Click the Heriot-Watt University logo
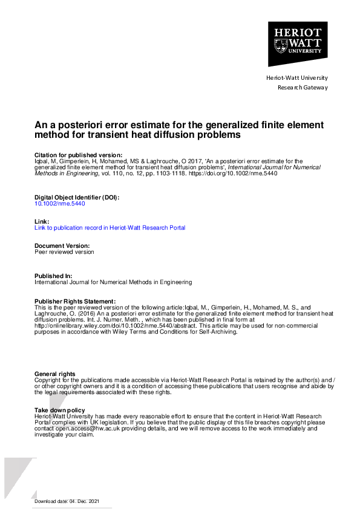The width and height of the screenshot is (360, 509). pyautogui.click(x=298, y=44)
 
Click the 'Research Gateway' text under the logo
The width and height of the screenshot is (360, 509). pyautogui.click(x=303, y=88)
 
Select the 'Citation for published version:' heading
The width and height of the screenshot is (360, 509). pyautogui.click(x=79, y=155)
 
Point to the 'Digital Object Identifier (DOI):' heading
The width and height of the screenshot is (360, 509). pyautogui.click(x=77, y=198)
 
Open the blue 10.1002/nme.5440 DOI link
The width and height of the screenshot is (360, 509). pyautogui.click(x=60, y=204)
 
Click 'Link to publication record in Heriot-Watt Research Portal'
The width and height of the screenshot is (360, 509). pyautogui.click(x=110, y=228)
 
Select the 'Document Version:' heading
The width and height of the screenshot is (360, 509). pyautogui.click(x=62, y=246)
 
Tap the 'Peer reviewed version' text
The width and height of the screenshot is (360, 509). pyautogui.click(x=64, y=252)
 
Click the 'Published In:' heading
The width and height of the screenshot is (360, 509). pyautogui.click(x=54, y=276)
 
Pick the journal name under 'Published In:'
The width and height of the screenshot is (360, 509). pyautogui.click(x=113, y=282)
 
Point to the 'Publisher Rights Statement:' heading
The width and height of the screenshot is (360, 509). pyautogui.click(x=74, y=301)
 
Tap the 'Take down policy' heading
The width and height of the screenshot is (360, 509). pyautogui.click(x=60, y=410)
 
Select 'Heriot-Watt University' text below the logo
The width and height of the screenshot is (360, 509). pyautogui.click(x=297, y=78)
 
